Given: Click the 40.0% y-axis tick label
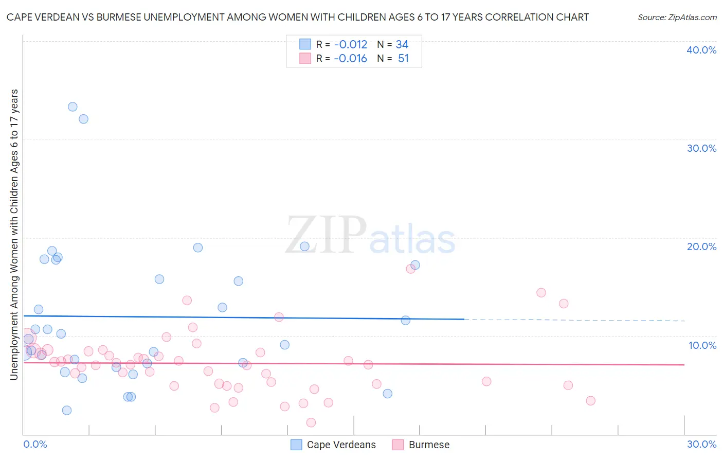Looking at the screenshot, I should (701, 50).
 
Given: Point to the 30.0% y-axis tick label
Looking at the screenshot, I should (701, 148).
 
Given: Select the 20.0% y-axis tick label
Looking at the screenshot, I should (701, 246).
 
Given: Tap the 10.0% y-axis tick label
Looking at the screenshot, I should (702, 345).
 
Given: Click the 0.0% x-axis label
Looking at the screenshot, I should (35, 444).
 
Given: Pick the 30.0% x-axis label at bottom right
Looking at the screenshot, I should (701, 444).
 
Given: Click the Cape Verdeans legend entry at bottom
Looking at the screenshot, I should (341, 445).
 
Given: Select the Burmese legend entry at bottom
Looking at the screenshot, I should (428, 445).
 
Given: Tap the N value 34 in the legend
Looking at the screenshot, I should (402, 45).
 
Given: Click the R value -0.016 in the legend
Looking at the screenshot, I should (350, 59).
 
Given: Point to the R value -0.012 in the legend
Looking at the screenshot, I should (350, 45).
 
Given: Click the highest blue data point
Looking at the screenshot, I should (73, 107).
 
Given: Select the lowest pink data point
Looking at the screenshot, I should (311, 422).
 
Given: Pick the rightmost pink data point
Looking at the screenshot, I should (590, 401).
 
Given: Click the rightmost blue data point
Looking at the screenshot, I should (415, 265).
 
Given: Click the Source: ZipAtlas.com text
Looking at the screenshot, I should (677, 17).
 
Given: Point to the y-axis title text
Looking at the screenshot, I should (14, 235).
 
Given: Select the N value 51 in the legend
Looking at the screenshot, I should (403, 59).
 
